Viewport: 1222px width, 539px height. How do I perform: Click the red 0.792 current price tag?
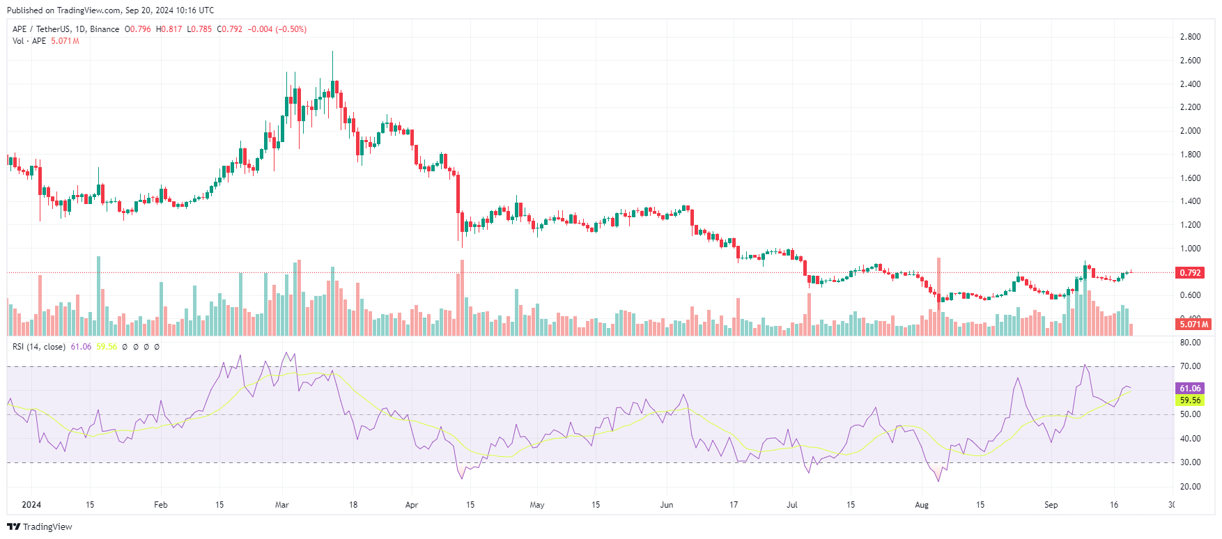(x=1189, y=272)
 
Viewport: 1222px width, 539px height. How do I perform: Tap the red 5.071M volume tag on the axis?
(x=1193, y=324)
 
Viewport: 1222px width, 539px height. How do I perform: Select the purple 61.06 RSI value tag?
(x=1190, y=389)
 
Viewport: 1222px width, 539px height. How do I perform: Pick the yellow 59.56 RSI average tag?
(x=1190, y=400)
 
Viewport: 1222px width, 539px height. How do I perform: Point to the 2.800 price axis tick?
(x=1190, y=37)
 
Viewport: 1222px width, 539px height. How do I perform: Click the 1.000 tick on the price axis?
(x=1190, y=249)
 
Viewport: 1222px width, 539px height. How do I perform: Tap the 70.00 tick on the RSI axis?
(x=1190, y=366)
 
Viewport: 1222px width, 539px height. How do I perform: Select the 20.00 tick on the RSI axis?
(x=1190, y=487)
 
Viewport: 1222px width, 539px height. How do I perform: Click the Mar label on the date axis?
(x=281, y=505)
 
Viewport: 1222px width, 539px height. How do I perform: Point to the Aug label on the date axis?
(x=921, y=505)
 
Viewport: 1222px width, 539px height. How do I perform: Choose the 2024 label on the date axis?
(x=31, y=505)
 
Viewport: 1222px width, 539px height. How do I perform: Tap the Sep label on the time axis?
(x=1051, y=505)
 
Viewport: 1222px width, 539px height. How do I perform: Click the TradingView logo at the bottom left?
(x=40, y=526)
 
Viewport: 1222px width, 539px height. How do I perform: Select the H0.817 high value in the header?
(x=169, y=29)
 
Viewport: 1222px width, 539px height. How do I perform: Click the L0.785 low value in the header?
(x=199, y=29)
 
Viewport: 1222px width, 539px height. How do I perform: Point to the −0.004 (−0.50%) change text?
(x=277, y=29)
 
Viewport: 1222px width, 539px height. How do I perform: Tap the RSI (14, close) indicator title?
(x=39, y=347)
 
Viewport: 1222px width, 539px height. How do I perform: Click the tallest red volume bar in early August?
(x=938, y=292)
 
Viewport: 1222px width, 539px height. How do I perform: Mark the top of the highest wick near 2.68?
(x=332, y=52)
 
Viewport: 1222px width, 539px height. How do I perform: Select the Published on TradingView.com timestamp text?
(x=110, y=10)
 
